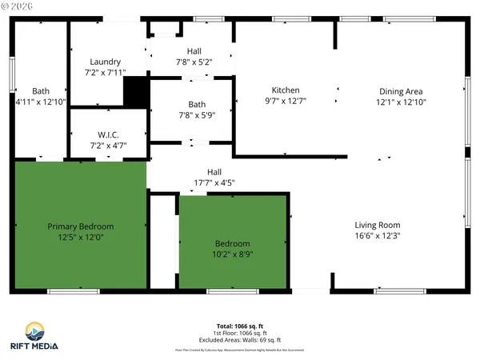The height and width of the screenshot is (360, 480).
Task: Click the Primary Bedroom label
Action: pos(80,226)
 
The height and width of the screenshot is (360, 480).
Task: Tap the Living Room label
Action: pos(378,225)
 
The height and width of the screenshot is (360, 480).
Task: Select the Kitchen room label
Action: pos(286,90)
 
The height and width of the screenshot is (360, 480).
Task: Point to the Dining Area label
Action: pos(400,91)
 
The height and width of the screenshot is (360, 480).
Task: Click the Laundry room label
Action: pos(106,62)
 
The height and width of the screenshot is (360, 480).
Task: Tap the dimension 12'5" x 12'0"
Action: pos(80,237)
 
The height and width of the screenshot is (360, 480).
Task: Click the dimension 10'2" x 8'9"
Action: pos(232,254)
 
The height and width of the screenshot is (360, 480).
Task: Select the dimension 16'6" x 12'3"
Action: pos(378,236)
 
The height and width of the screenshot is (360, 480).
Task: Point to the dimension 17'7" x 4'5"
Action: pos(214,182)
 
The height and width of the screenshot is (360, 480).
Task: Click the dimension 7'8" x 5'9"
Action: pos(197,115)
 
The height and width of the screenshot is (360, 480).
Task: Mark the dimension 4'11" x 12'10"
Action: pos(40,102)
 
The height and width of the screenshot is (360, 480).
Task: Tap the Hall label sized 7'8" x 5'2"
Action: pos(194,51)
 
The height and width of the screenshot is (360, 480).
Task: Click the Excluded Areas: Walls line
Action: pos(240,339)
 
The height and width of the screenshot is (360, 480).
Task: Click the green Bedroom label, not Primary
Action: pos(232,244)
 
